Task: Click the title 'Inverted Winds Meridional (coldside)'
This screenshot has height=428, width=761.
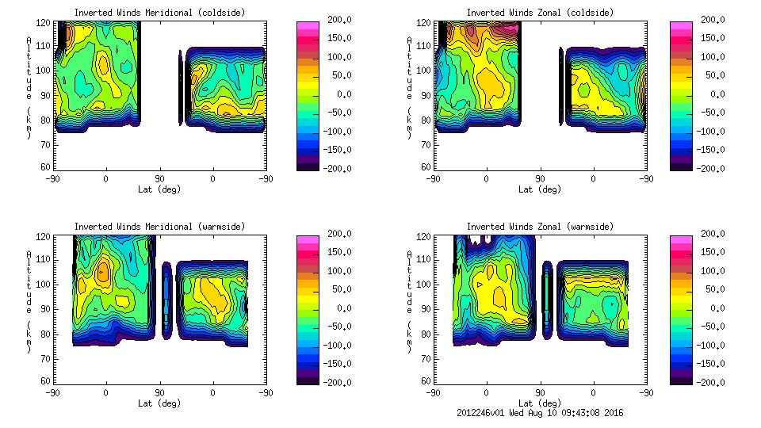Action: [x=160, y=13]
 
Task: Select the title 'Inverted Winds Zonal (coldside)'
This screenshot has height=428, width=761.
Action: [x=540, y=13]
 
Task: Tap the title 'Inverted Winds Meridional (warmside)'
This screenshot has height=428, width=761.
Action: [x=160, y=227]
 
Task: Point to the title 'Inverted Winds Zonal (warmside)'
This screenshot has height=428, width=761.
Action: [x=540, y=227]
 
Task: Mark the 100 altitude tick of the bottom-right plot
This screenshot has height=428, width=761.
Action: [x=426, y=284]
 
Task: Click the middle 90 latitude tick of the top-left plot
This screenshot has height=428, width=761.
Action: [x=159, y=178]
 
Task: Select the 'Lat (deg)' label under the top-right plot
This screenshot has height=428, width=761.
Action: [x=540, y=189]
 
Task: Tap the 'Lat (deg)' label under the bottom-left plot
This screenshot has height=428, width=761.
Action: [x=160, y=403]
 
